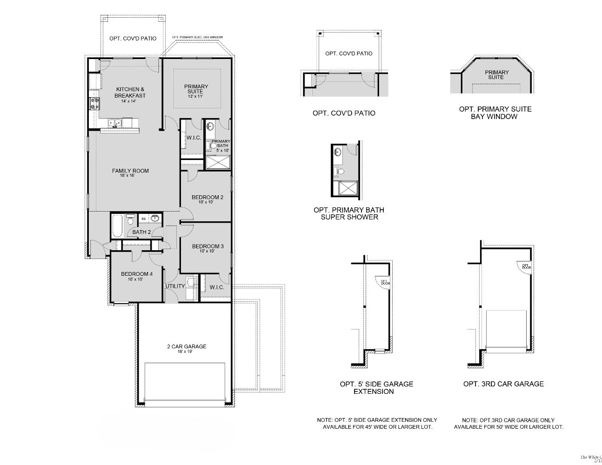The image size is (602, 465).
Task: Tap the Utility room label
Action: (x=175, y=286)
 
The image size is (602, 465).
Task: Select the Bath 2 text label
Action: (x=141, y=232)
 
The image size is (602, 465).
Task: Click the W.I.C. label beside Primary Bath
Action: (x=194, y=138)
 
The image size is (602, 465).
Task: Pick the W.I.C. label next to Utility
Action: (x=217, y=287)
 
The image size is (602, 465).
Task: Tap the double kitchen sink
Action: (x=115, y=123)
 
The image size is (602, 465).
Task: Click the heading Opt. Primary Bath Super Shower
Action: (x=349, y=213)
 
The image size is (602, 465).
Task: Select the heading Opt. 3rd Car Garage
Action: (x=503, y=384)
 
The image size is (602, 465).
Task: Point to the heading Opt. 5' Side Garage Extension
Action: (x=376, y=387)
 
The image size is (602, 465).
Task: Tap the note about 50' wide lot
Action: (x=508, y=423)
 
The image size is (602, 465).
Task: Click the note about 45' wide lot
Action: (x=377, y=423)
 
